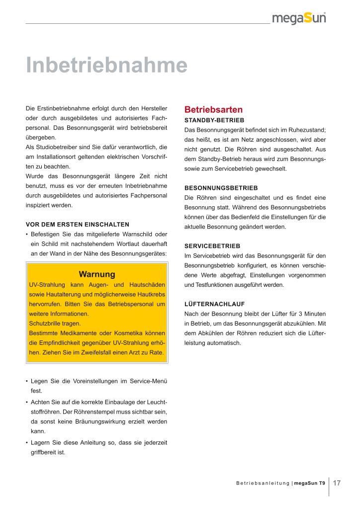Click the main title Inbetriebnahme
[x=106, y=65]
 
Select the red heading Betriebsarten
[x=213, y=109]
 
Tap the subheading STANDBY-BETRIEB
[x=214, y=120]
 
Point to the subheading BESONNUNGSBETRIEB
[x=221, y=188]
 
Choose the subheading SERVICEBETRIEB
[x=212, y=246]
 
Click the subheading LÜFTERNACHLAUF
[x=214, y=304]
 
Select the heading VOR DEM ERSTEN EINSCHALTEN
[x=77, y=225]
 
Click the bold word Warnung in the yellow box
[x=97, y=274]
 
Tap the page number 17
[x=337, y=483]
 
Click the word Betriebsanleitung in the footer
[x=263, y=483]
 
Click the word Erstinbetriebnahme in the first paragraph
[x=60, y=108]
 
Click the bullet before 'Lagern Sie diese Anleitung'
[x=26, y=443]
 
